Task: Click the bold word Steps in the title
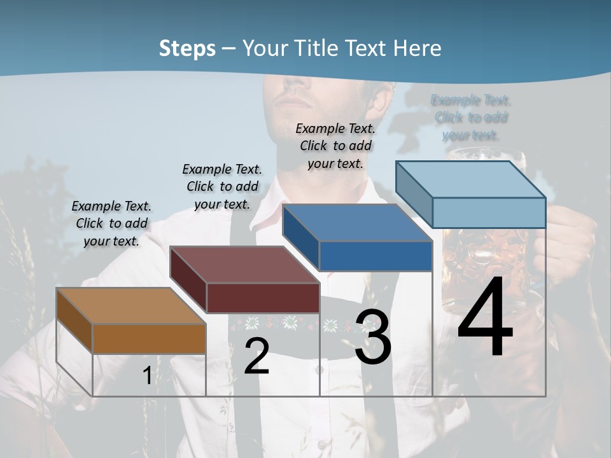click(x=187, y=48)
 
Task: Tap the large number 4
click(x=486, y=318)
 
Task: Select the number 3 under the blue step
click(x=373, y=338)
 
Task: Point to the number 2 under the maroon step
click(x=256, y=356)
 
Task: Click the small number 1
click(x=147, y=376)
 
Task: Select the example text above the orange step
click(x=112, y=223)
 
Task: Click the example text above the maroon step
click(x=222, y=186)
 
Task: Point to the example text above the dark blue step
click(x=335, y=146)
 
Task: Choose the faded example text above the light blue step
click(x=471, y=118)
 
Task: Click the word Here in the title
click(x=418, y=48)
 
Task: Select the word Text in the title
click(x=366, y=48)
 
